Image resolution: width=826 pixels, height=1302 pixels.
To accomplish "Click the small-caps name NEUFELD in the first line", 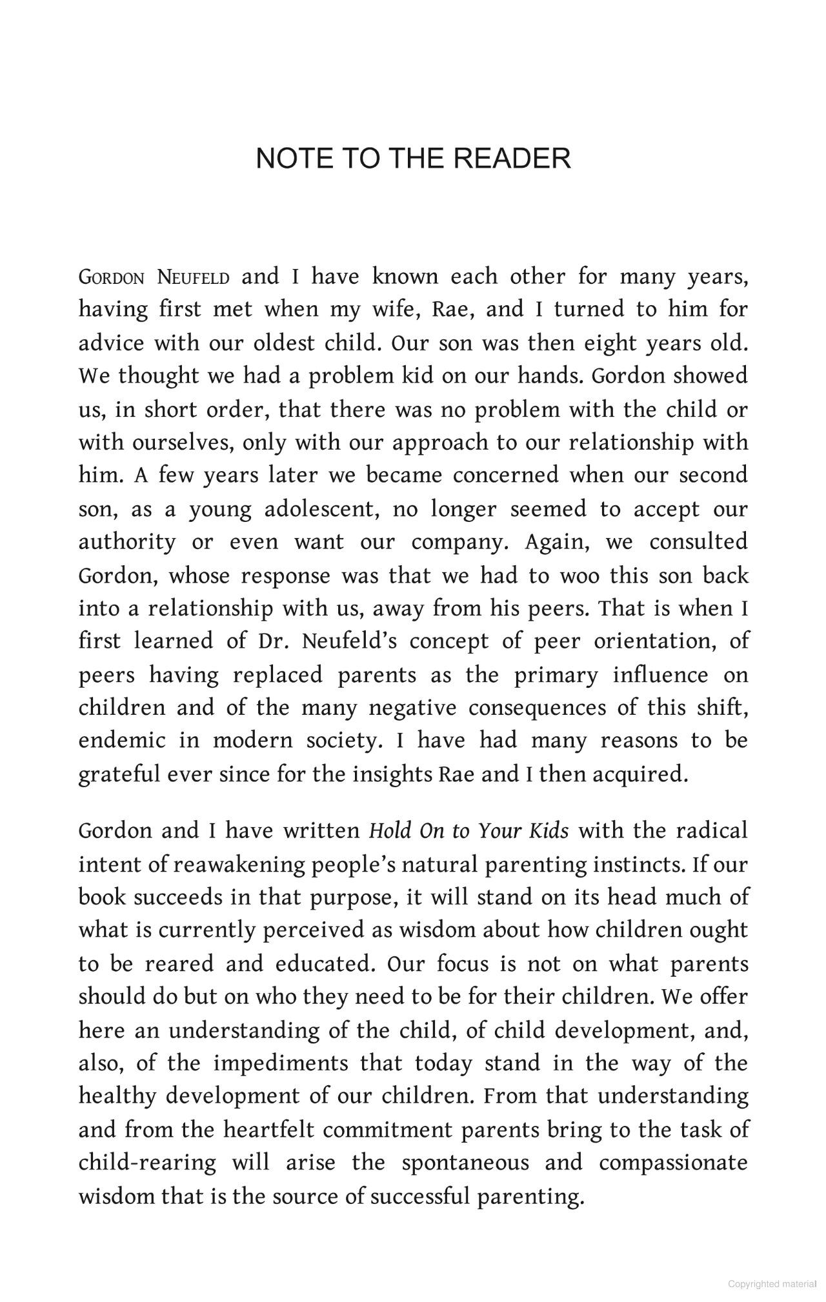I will point(194,278).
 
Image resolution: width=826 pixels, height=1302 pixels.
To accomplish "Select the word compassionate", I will point(673,1163).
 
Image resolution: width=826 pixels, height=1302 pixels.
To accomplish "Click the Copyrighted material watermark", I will point(772,1284).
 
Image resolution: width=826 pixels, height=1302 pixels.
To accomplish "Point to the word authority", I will point(127,542).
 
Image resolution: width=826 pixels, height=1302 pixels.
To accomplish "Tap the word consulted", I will point(698,542).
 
